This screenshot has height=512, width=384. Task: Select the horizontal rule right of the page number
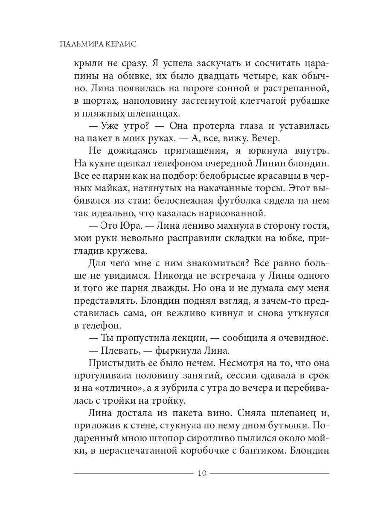tap(269, 473)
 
